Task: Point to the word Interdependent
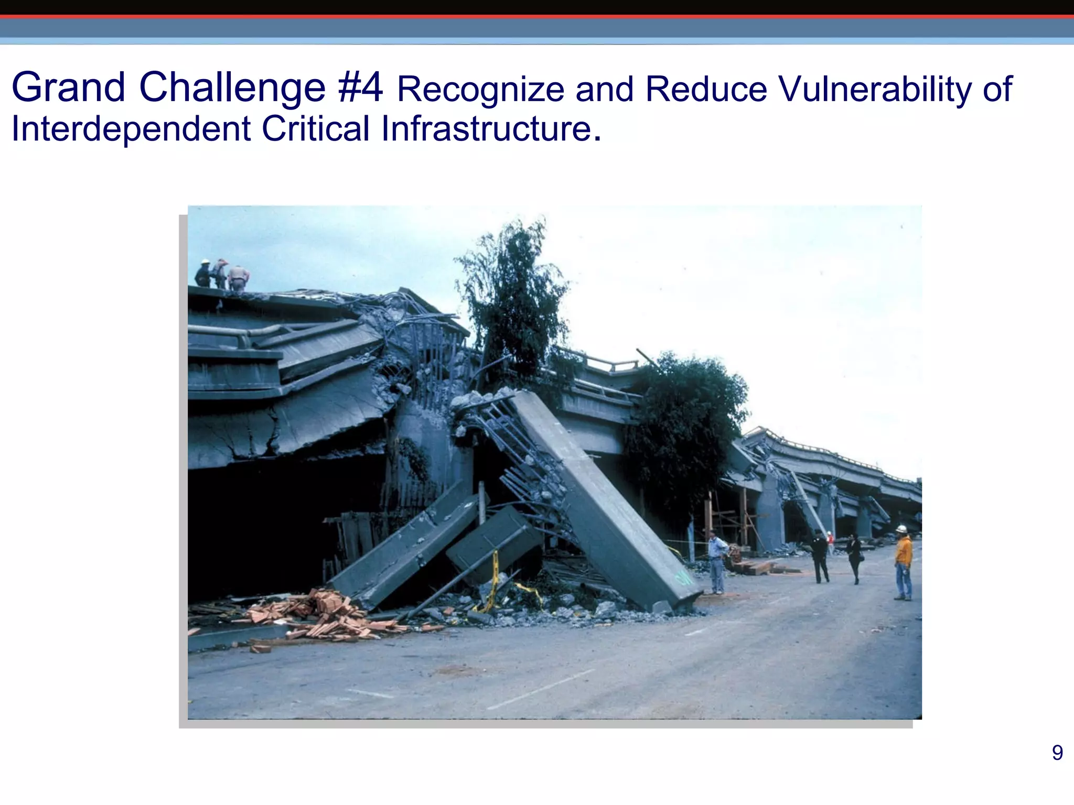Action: pos(131,129)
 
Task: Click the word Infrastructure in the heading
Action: pos(487,129)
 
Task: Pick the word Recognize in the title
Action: pos(480,89)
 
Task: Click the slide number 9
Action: pos(1057,753)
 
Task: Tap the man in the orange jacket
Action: pos(903,564)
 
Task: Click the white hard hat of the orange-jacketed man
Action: pos(901,529)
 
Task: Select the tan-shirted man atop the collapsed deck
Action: pos(239,277)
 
